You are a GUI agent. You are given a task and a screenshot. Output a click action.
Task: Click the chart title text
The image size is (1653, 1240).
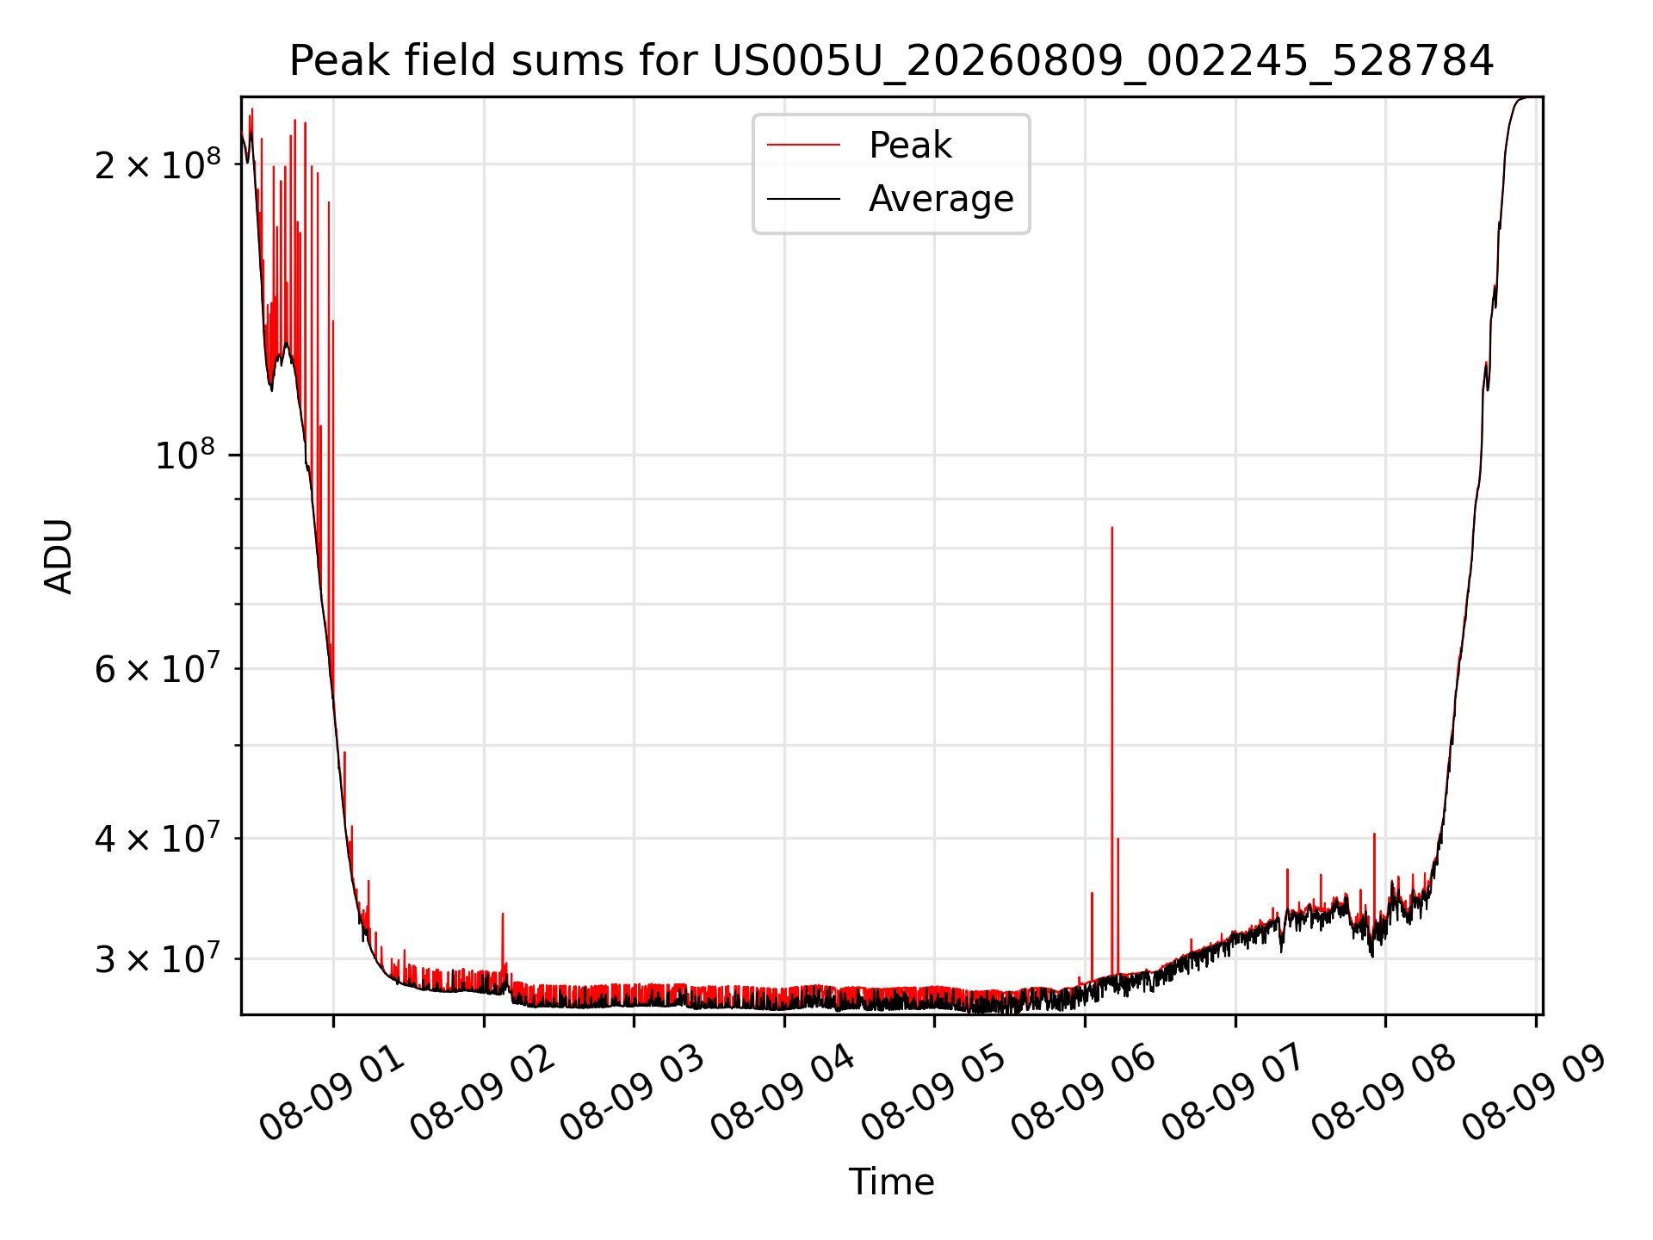click(x=891, y=61)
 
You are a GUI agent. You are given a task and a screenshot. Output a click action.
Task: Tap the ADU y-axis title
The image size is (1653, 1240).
click(x=59, y=556)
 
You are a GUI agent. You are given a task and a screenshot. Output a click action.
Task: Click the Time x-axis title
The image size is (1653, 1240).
click(x=891, y=1182)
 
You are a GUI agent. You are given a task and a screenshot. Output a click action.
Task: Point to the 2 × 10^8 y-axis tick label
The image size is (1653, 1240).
click(x=158, y=164)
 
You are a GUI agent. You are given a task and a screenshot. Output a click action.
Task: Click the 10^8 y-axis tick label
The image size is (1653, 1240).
click(x=187, y=454)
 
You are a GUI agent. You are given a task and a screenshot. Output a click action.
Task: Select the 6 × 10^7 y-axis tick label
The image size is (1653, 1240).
click(x=158, y=668)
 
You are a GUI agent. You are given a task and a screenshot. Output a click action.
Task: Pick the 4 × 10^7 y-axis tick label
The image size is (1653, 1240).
click(x=158, y=838)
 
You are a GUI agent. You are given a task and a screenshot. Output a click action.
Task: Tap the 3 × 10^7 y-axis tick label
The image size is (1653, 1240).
click(x=158, y=958)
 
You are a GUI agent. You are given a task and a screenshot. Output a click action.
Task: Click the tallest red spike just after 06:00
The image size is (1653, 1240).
click(x=1111, y=749)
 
